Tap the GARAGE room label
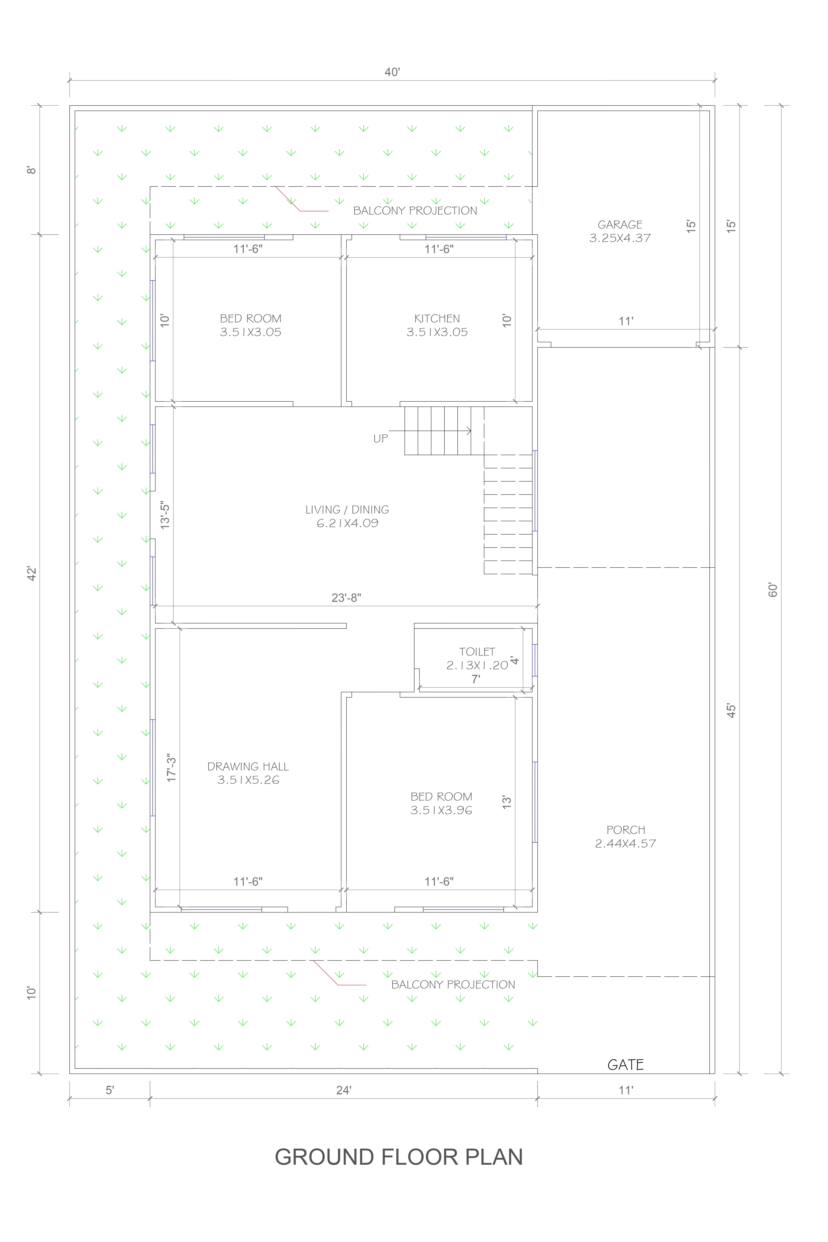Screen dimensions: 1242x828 620,224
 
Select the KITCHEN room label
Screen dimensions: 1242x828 437,318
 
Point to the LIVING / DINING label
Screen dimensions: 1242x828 347,510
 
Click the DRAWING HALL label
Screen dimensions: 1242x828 248,766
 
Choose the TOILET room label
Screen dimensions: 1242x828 477,652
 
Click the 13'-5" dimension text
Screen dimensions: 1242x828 165,515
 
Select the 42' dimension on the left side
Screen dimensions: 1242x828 32,574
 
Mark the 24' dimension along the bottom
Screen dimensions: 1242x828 344,1090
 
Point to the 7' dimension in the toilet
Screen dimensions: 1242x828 476,679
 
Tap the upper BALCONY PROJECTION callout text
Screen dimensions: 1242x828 415,211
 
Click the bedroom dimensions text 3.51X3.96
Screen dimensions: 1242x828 441,810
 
